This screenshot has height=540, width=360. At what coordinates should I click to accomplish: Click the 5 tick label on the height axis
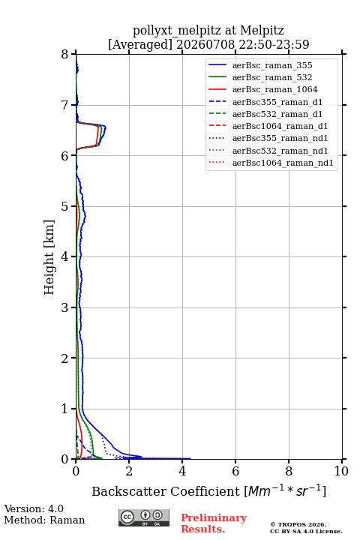[x=65, y=206]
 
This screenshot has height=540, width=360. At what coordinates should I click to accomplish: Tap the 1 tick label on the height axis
[x=65, y=409]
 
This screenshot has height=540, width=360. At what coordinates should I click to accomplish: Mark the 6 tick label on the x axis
[x=235, y=471]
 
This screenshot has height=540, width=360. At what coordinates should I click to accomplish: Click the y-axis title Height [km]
[x=49, y=257]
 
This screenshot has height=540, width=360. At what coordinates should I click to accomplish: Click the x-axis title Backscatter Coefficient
[x=165, y=491]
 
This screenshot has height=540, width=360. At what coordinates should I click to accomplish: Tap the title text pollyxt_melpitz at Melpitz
[x=208, y=30]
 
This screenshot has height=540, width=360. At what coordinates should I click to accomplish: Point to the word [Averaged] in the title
[x=139, y=44]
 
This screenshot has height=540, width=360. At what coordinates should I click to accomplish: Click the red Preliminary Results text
[x=214, y=523]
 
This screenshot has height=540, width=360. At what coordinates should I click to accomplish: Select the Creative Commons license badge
[x=144, y=517]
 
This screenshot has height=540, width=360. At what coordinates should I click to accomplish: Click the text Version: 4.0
[x=34, y=508]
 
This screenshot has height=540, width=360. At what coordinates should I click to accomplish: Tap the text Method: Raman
[x=44, y=520]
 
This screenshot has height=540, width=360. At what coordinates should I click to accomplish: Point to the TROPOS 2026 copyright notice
[x=298, y=524]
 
